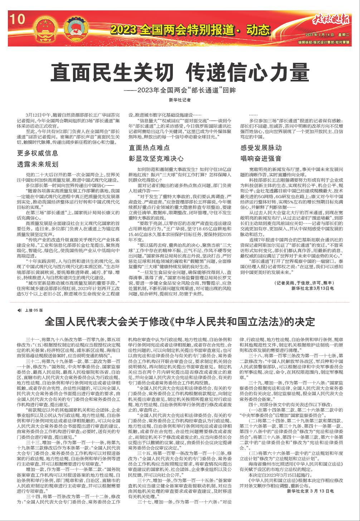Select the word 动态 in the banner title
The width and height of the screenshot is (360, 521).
coord(256,28)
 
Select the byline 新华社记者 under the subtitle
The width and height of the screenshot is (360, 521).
coord(180,100)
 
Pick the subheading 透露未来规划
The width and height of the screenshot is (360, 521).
coord(38,164)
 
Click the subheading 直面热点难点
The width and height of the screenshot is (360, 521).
coord(150,147)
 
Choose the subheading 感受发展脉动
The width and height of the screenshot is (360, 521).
coord(261,147)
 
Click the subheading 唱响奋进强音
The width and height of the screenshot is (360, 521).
coord(261,158)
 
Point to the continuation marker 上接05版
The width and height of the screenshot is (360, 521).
coord(31,310)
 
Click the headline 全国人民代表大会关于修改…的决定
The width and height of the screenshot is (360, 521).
coord(180,321)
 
